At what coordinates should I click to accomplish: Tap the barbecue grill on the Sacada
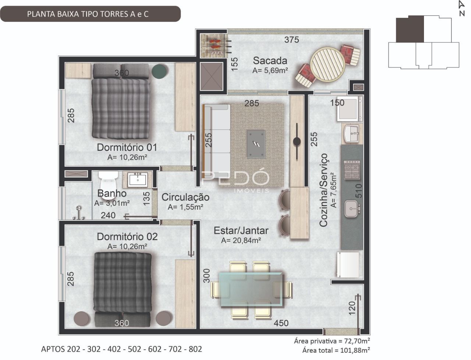tap(215, 46)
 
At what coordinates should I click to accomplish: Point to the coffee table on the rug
tap(256, 144)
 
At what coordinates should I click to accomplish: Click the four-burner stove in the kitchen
tap(352, 170)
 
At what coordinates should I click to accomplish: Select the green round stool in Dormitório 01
tap(159, 71)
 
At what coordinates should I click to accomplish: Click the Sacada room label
tap(270, 60)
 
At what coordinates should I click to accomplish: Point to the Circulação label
tap(185, 197)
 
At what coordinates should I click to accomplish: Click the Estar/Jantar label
tap(241, 230)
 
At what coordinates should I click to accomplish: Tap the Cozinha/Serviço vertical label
tap(323, 190)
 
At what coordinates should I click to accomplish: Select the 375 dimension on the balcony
tap(291, 40)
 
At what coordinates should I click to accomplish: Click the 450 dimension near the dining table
tap(281, 323)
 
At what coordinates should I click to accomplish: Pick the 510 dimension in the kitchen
tap(358, 191)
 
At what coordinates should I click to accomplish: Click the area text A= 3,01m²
tap(112, 203)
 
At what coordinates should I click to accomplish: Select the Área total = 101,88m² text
tap(336, 350)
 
